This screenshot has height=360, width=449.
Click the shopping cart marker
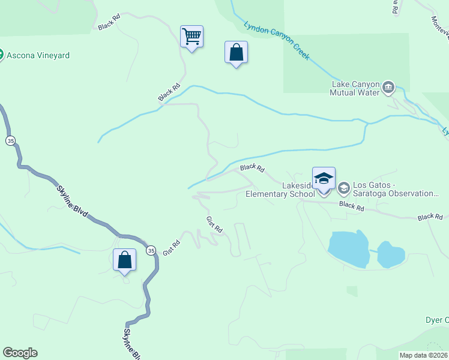pos(191,37)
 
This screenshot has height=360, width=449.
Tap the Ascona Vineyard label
pos(38,55)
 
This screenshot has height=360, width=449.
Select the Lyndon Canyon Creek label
pos(277,40)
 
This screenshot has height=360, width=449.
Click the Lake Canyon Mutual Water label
pos(356,89)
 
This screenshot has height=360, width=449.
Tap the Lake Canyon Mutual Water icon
pos(388,88)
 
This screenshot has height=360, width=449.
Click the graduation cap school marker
pos(324,179)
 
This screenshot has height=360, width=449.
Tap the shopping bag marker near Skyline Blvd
pos(124,260)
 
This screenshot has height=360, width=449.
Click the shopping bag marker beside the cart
pos(236,53)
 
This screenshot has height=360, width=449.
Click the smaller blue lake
pos(391,255)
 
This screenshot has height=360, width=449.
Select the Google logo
pos(20,353)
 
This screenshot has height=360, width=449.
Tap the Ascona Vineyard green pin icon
pos(2,55)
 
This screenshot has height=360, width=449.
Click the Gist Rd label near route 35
pos(172,248)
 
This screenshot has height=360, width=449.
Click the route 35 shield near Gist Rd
pos(151,250)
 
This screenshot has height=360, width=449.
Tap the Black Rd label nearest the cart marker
pos(169,92)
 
